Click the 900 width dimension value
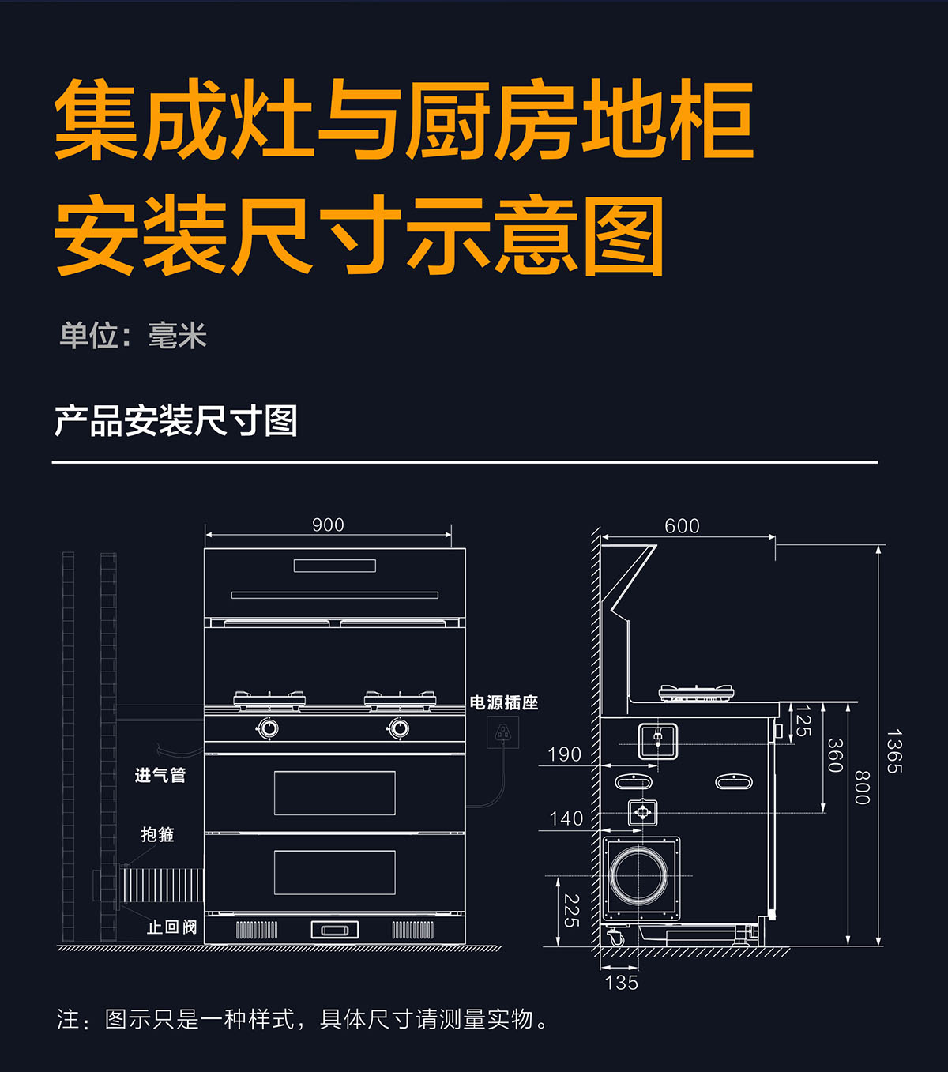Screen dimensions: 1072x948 328,525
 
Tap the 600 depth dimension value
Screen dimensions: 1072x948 682,526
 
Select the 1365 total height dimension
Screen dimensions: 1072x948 893,751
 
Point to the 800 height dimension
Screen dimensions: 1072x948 862,788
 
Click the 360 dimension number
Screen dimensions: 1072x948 835,755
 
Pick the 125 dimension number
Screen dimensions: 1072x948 803,720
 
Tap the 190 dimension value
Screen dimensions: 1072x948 564,754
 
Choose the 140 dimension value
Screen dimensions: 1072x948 566,818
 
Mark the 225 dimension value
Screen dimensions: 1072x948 571,911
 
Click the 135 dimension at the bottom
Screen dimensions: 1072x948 621,983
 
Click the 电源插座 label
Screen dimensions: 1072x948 504,702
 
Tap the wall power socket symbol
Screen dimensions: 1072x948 502,733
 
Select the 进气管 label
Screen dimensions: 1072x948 160,776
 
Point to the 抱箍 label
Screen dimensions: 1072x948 157,834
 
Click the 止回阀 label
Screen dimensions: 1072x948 171,927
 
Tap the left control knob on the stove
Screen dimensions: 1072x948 268,728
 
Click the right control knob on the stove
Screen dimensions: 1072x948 399,728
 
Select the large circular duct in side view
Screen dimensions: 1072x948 638,875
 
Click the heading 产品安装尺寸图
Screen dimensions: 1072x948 175,420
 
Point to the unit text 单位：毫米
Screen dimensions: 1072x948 133,337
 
